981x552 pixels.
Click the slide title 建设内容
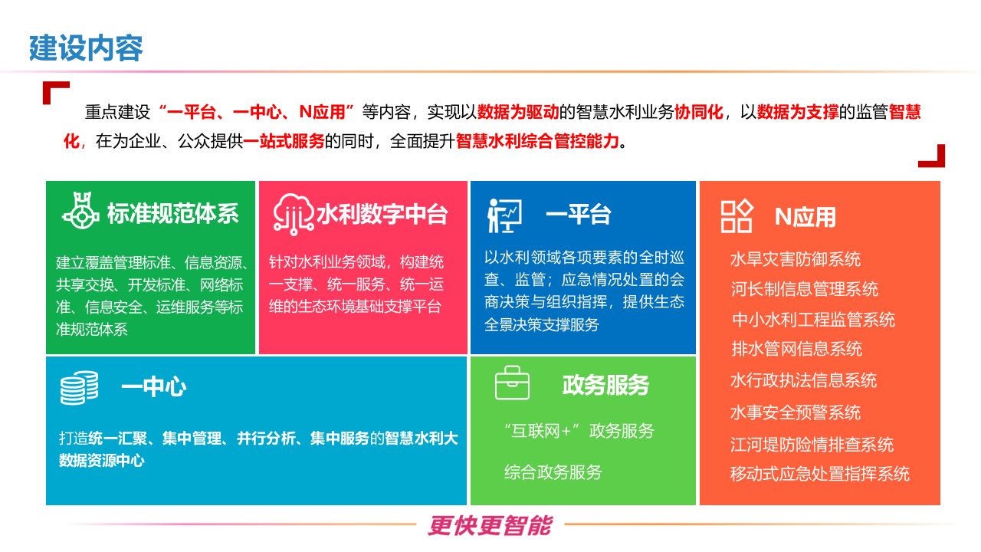tap(86, 48)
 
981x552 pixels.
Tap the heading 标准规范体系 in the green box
tap(172, 214)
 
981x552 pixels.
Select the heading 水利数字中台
tap(382, 214)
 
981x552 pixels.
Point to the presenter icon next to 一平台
tap(504, 215)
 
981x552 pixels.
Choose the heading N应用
tap(805, 217)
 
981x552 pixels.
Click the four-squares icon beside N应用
tap(737, 216)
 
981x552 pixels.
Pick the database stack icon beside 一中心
tap(80, 387)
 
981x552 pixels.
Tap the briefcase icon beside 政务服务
tap(512, 383)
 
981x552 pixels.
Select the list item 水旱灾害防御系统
tap(796, 259)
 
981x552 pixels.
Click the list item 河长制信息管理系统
tap(804, 289)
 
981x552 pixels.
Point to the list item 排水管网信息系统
tap(797, 349)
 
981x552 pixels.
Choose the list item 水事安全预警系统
tap(796, 412)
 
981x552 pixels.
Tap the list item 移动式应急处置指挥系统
tap(819, 474)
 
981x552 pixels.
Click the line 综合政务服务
tap(553, 472)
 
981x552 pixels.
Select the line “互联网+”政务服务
tap(579, 431)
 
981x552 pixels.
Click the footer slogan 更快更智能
tap(490, 525)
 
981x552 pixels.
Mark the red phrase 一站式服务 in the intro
tap(284, 142)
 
